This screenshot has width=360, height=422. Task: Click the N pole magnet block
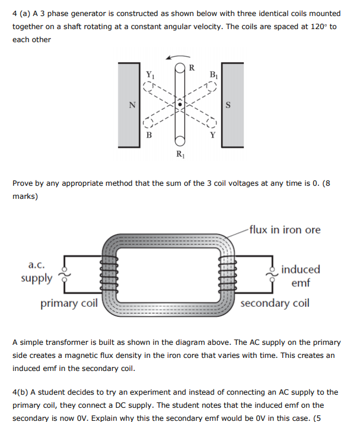click(128, 105)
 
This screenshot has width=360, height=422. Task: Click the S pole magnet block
click(231, 105)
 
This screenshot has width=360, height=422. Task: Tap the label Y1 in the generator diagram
click(149, 75)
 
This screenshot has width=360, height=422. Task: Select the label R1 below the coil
click(180, 156)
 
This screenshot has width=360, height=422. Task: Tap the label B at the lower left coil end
click(149, 135)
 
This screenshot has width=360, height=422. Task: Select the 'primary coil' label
click(69, 304)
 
